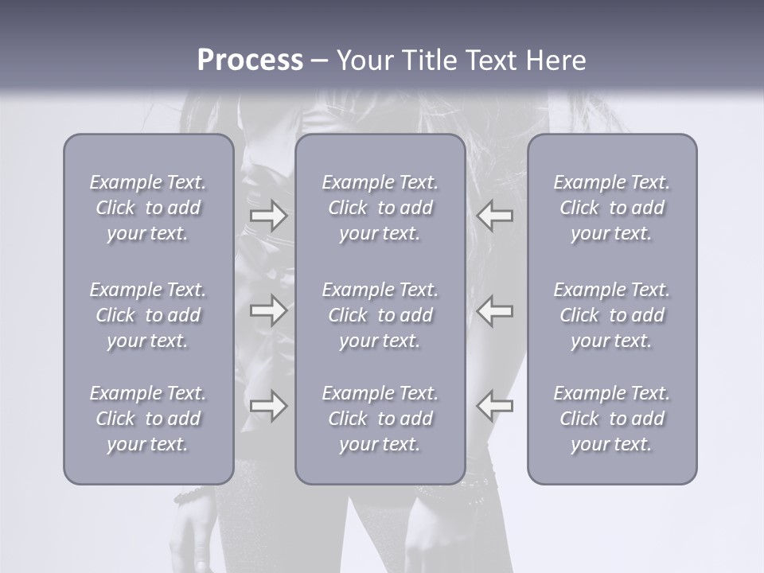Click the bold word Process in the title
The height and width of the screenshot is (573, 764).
[250, 60]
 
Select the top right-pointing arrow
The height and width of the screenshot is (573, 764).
[268, 215]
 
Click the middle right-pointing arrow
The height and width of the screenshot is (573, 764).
[268, 310]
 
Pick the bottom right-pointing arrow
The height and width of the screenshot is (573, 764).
[268, 406]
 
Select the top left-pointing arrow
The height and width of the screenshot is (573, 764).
[494, 215]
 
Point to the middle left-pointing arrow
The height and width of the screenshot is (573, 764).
[494, 310]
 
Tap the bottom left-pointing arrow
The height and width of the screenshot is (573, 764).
[494, 406]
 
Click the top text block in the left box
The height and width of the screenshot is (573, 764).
[148, 208]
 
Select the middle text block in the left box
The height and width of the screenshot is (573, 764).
[148, 315]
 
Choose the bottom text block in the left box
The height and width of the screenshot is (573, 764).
[148, 419]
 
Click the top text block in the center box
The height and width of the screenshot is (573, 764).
[380, 208]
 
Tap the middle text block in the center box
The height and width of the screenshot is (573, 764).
[380, 315]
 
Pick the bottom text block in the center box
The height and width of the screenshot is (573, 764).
[380, 419]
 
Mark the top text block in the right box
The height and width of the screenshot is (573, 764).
[612, 208]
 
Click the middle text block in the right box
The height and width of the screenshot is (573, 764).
[612, 315]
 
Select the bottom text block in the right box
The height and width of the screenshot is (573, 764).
[612, 419]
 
